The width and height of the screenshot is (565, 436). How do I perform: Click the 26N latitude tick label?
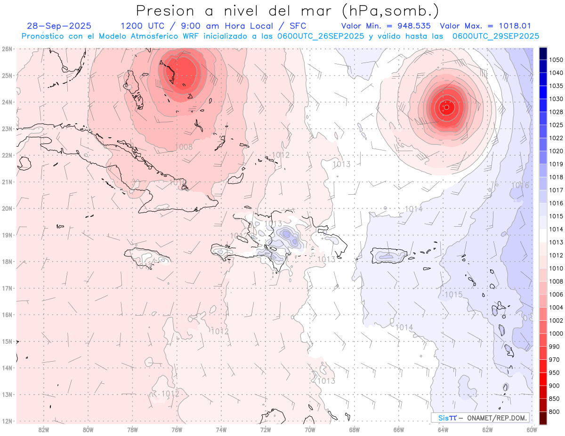point(7,49)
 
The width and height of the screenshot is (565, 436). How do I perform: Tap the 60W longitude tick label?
point(532,429)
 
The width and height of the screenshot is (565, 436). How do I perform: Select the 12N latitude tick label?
point(7,421)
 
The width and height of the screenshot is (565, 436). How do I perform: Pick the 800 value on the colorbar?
point(554,412)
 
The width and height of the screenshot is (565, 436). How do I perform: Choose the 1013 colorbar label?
point(556,242)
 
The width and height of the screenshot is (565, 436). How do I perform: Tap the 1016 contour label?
point(520,185)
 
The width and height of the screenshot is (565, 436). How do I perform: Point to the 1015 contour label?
point(453,295)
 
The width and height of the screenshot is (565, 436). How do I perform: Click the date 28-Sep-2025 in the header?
point(59,26)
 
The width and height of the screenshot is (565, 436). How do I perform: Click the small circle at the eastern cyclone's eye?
point(446,107)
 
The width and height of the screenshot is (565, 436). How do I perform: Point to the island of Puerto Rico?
point(389,256)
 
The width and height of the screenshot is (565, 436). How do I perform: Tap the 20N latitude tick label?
point(7,208)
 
